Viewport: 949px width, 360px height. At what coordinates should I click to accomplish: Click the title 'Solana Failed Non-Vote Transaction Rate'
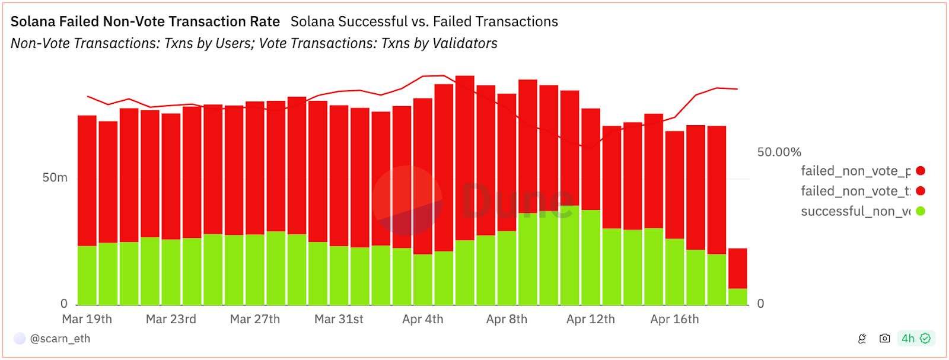[x=145, y=22]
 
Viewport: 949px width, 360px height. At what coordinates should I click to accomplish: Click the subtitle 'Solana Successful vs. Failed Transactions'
[x=424, y=22]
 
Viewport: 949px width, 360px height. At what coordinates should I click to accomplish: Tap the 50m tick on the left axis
[x=55, y=178]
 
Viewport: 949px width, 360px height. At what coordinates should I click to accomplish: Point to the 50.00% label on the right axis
[x=779, y=152]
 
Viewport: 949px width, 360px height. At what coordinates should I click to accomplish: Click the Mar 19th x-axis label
[x=87, y=319]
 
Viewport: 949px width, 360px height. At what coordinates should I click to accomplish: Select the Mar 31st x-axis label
[x=339, y=319]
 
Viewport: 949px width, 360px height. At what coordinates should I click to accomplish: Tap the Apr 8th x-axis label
[x=507, y=319]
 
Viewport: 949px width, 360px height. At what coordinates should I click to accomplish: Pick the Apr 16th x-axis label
[x=674, y=319]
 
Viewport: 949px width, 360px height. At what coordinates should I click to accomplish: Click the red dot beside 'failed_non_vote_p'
[x=921, y=171]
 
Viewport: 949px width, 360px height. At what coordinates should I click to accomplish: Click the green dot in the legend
[x=921, y=211]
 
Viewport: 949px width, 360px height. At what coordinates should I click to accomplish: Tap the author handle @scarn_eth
[x=60, y=339]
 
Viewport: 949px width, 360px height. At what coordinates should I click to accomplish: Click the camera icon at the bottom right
[x=884, y=339]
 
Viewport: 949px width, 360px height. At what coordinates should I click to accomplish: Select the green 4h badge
[x=916, y=339]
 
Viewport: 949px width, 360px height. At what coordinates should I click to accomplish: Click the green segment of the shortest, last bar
[x=737, y=297]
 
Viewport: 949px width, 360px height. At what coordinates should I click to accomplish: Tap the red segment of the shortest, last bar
[x=737, y=268]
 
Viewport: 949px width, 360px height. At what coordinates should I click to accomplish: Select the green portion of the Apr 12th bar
[x=591, y=257]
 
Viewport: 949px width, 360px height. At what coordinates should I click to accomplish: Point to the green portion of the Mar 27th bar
[x=255, y=270]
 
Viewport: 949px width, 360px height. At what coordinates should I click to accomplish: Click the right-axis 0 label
[x=761, y=304]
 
